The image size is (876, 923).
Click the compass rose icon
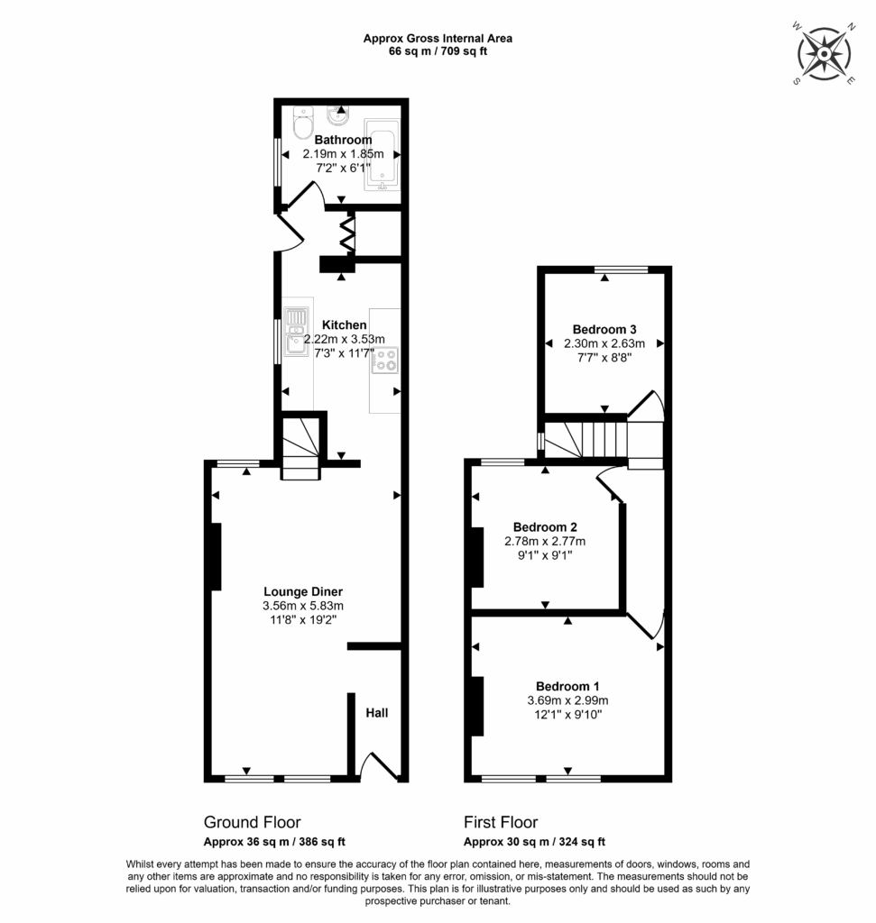point(825,55)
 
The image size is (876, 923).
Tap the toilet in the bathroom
point(301,125)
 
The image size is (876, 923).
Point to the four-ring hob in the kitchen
point(386,360)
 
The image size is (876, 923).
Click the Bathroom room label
point(343,140)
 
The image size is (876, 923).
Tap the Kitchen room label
point(344,324)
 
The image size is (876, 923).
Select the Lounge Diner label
point(302,591)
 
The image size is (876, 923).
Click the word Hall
point(377,713)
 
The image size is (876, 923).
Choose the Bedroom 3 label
point(604,329)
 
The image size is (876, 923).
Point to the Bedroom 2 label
point(545,527)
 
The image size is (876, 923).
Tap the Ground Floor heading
point(252,822)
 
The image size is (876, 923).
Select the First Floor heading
point(501,822)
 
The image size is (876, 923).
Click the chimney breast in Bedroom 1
point(475,705)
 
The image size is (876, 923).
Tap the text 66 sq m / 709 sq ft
point(438,51)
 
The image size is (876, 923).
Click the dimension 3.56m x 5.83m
point(302,606)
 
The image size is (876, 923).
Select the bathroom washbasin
point(340,117)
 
